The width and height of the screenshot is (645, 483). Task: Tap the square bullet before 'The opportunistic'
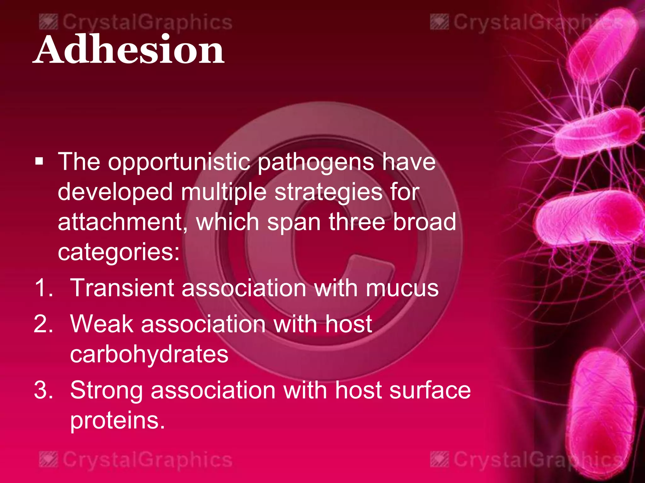point(39,162)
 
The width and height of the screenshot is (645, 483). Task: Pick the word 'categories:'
point(118,252)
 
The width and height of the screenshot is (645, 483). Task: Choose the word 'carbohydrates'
point(149,354)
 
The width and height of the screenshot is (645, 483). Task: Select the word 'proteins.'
point(117,421)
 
